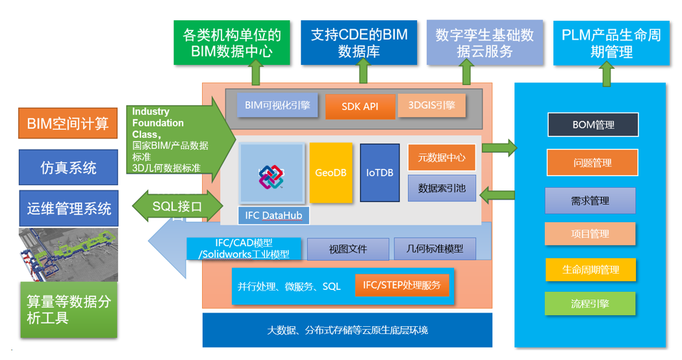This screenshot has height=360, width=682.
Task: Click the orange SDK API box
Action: coord(360,107)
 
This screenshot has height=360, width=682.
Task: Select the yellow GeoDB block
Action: coord(331,173)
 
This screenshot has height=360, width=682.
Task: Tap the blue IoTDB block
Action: coord(379,173)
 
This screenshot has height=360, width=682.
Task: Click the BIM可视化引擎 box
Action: coord(277,105)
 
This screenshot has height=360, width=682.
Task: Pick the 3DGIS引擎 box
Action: coord(432,105)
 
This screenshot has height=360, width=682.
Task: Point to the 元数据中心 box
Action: coord(441,157)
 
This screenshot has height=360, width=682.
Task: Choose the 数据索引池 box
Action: coord(441,188)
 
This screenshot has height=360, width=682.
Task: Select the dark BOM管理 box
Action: coord(593,125)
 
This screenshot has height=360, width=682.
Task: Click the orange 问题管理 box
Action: coord(592,162)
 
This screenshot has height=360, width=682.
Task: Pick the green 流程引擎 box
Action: coord(590,303)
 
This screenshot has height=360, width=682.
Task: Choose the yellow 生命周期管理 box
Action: coord(590,269)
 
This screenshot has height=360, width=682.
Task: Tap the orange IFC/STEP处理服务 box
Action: coord(401,285)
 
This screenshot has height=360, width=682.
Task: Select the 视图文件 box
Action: coord(347,249)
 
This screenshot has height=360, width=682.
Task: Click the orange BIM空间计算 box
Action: coord(68,123)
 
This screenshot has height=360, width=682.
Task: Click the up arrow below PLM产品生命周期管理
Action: coord(607,75)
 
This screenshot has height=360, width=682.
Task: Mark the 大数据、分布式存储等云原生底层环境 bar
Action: coord(347,330)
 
